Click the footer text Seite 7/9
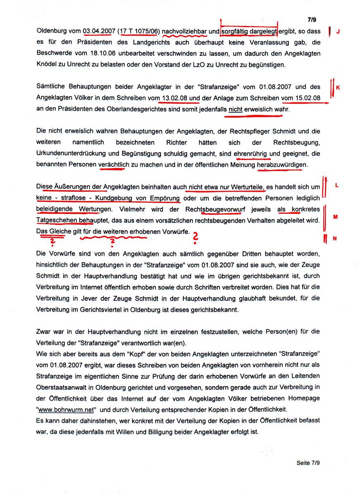coord(308,462)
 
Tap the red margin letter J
coord(338,31)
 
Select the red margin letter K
coord(338,87)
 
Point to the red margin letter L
coord(337,185)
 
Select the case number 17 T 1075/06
coord(138,31)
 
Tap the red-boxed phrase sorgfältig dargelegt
coord(249,31)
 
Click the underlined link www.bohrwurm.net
coord(66,410)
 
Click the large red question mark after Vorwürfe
coord(196,237)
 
